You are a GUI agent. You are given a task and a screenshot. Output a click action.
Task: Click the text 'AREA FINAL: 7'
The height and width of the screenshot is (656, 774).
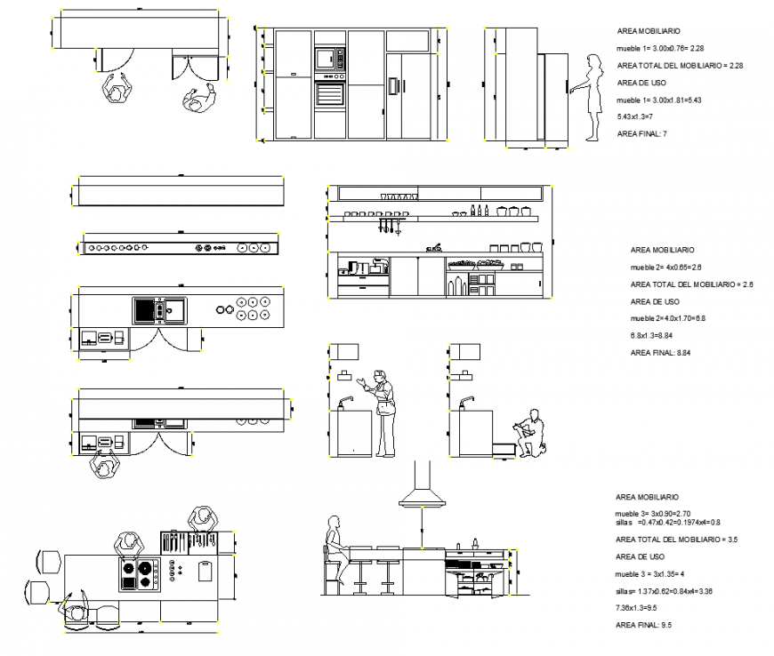(641, 133)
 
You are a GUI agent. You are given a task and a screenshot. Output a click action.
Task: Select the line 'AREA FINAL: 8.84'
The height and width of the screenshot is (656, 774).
(660, 353)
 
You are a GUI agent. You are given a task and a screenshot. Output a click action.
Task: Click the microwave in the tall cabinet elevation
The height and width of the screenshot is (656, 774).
(328, 60)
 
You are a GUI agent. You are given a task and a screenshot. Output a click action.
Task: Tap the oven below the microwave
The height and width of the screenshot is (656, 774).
(328, 92)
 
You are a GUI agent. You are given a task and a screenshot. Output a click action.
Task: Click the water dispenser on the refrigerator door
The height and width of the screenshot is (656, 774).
(392, 85)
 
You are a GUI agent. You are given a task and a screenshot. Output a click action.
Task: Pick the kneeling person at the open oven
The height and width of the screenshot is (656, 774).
(531, 434)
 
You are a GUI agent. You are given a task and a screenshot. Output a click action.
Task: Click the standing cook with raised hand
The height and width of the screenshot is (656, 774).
(383, 412)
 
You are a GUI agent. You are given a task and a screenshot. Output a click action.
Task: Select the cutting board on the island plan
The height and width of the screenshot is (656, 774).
(206, 570)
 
